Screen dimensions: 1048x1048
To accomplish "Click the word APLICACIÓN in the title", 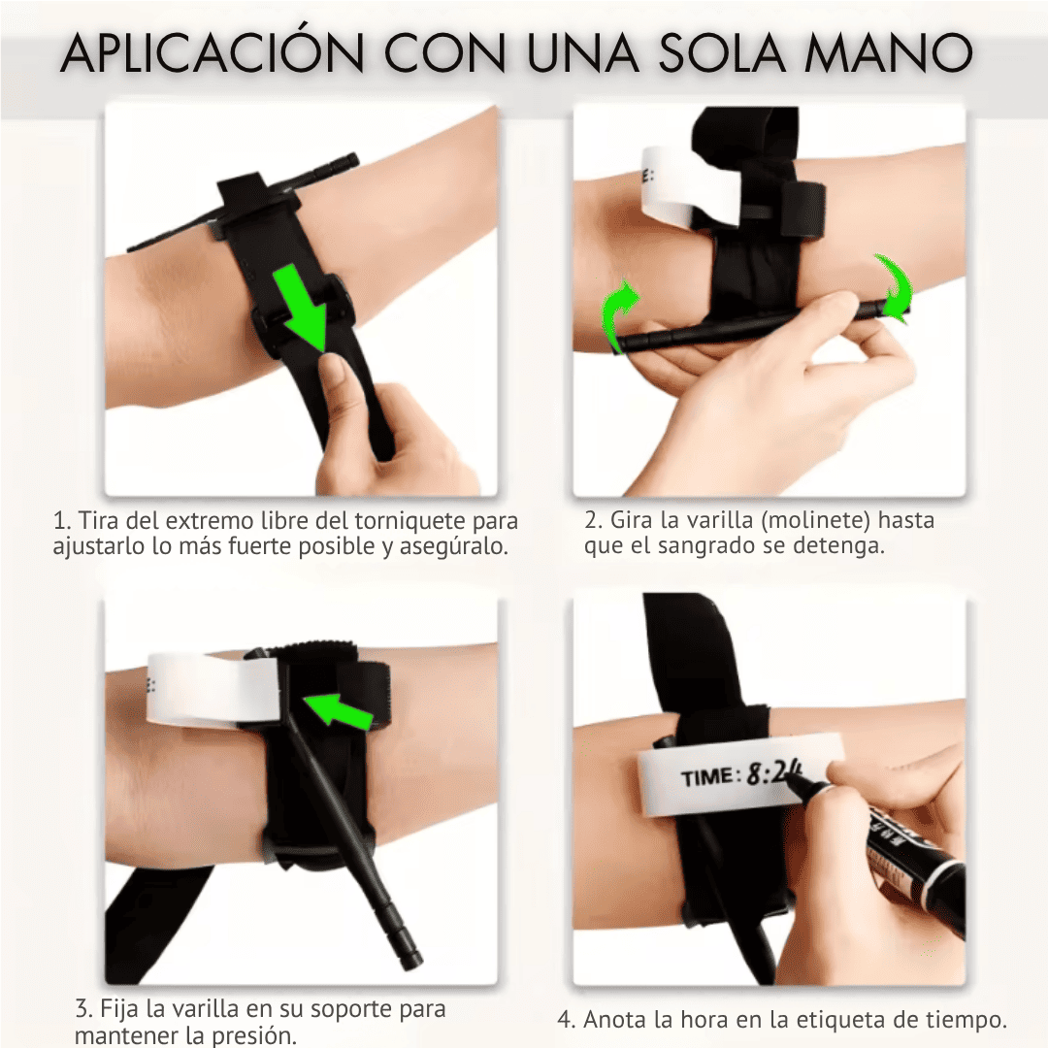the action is [212, 51].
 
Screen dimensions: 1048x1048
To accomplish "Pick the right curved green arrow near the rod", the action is [895, 288].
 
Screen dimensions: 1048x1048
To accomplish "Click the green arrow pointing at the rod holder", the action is [339, 709].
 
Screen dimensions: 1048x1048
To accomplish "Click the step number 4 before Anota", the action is [566, 1021].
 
